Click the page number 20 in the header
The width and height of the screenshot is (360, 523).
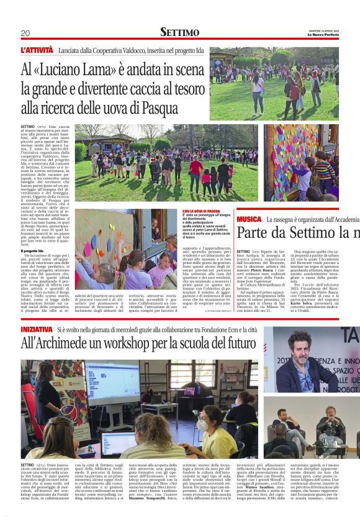(25, 33)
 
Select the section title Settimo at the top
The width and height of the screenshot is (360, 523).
(180, 32)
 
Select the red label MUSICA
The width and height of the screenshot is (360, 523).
(249, 219)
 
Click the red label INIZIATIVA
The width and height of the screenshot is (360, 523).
(37, 329)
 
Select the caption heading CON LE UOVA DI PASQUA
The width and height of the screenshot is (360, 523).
(202, 211)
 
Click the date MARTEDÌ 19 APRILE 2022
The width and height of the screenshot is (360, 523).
(325, 29)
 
